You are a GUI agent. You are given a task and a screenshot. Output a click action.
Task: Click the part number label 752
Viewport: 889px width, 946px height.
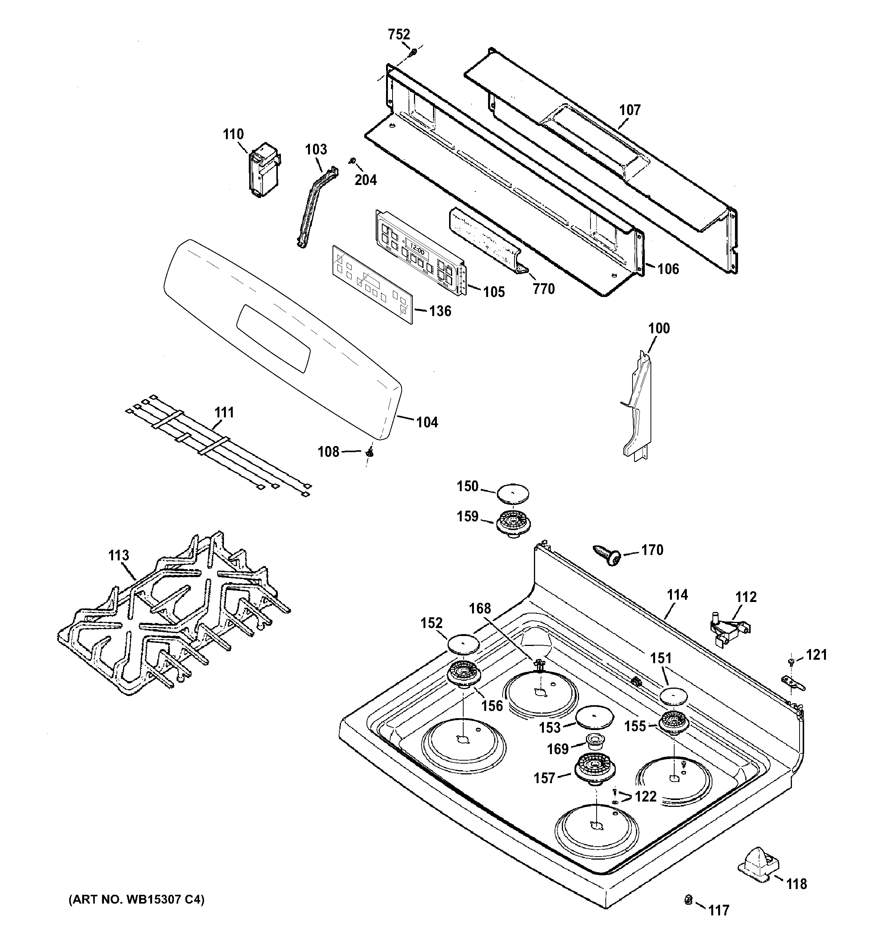pos(399,34)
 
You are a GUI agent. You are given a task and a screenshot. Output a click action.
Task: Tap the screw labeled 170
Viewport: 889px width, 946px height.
pos(607,555)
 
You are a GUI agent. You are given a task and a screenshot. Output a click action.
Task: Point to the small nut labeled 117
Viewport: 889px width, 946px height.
pos(688,899)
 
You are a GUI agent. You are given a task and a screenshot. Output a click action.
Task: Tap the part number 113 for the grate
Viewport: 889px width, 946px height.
pos(118,555)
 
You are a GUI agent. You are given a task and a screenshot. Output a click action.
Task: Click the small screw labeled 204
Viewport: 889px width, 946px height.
pos(354,161)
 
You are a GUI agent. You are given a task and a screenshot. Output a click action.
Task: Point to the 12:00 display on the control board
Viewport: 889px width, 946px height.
pos(417,248)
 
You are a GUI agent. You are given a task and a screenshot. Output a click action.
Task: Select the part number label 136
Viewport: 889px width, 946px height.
pos(440,311)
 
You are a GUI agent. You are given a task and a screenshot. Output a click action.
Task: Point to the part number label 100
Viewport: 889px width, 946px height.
pos(659,328)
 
